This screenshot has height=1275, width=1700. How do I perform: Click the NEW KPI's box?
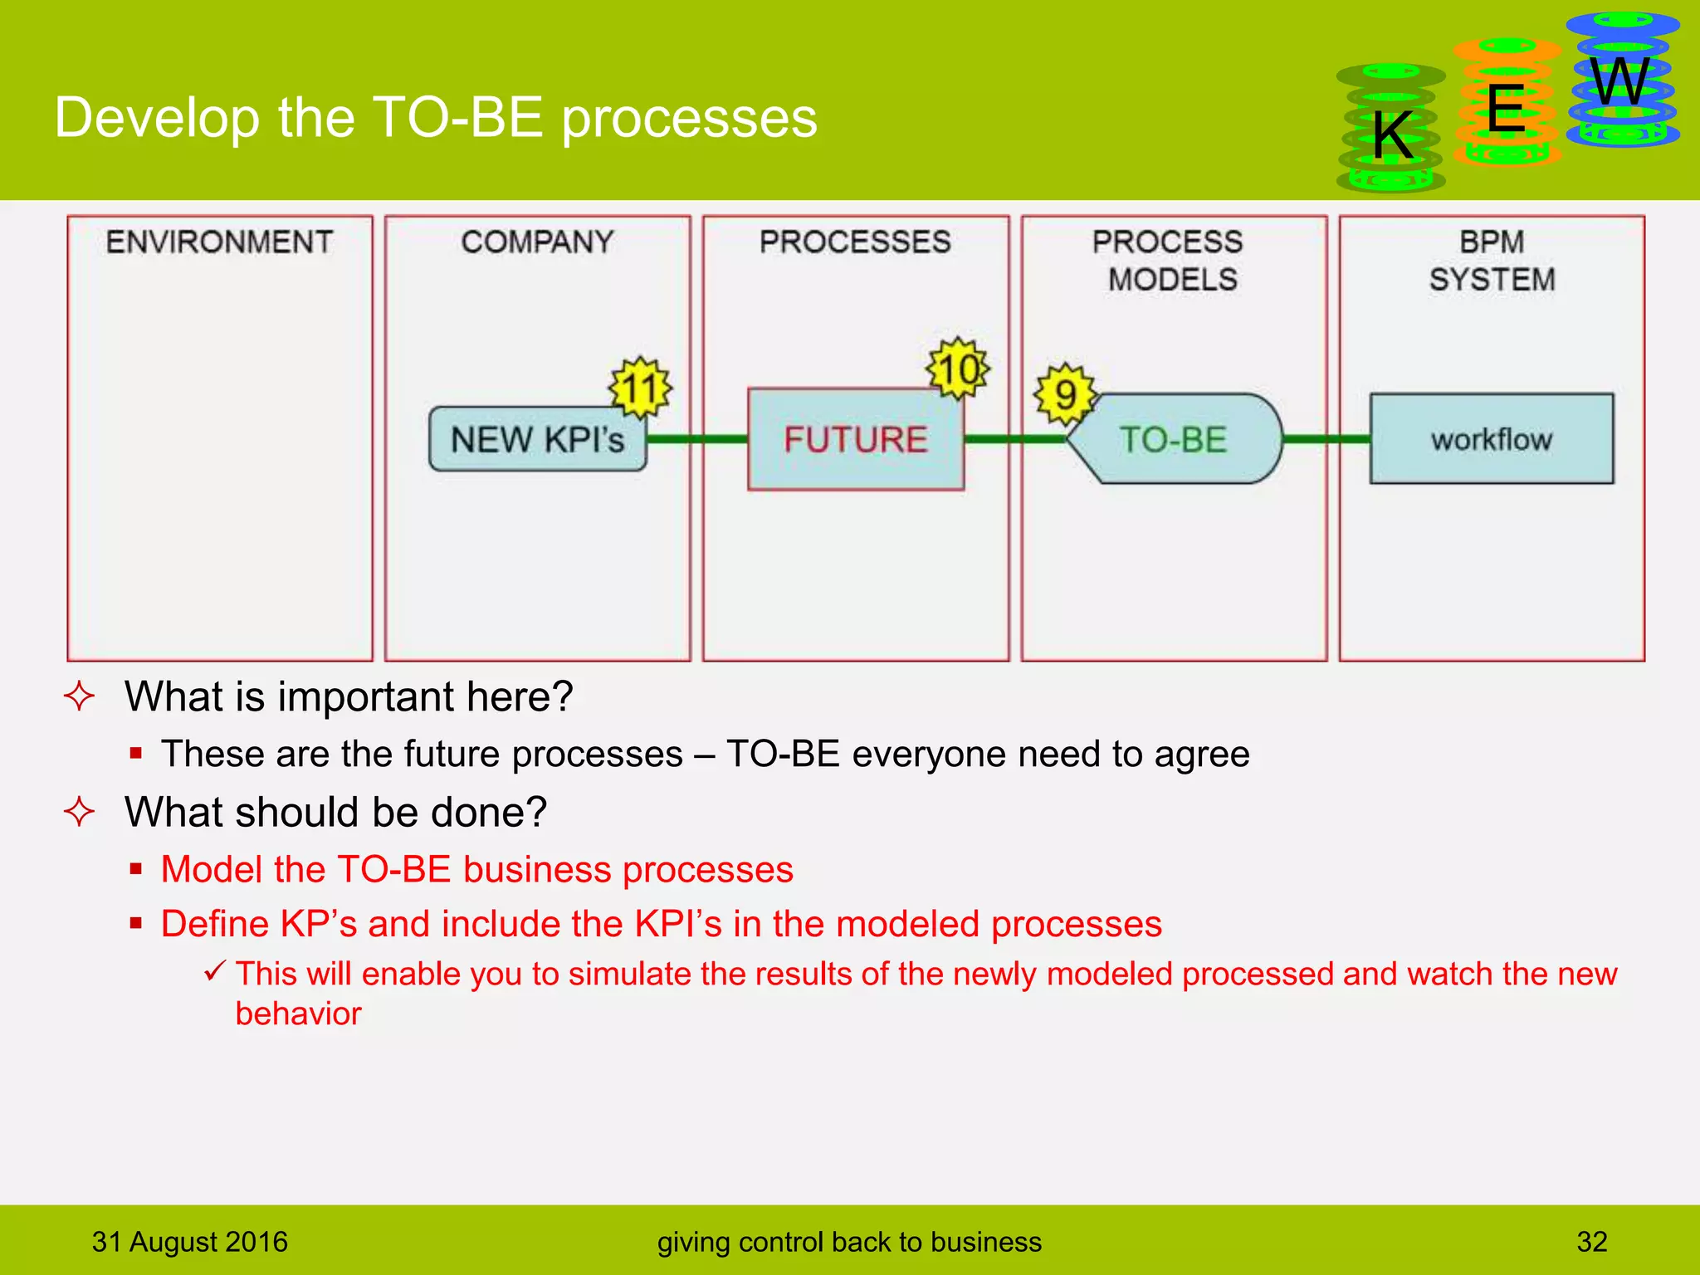[537, 439]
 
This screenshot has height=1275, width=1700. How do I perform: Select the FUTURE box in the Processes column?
[855, 439]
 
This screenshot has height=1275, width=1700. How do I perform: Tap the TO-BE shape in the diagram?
[1174, 439]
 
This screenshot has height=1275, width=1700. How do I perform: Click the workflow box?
[1491, 439]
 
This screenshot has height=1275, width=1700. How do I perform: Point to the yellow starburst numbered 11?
[640, 388]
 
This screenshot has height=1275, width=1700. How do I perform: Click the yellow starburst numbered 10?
[959, 369]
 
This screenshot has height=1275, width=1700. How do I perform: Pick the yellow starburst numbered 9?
[1065, 394]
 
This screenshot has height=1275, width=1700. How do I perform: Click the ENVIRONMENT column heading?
[219, 242]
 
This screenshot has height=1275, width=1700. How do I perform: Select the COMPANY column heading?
[537, 242]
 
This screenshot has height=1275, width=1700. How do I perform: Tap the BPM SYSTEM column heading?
[1492, 261]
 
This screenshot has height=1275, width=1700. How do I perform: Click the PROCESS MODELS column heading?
[1169, 261]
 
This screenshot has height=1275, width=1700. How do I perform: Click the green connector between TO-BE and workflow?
[1326, 439]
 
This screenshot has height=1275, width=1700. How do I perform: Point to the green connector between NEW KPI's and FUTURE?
[697, 439]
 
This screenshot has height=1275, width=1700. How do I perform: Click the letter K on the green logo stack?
[1392, 135]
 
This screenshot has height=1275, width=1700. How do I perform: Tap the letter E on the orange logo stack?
[1506, 109]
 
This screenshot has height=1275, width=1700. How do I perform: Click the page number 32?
[1591, 1242]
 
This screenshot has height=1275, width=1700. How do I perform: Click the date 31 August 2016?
[190, 1242]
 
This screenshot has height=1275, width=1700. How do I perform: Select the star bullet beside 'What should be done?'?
[80, 812]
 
